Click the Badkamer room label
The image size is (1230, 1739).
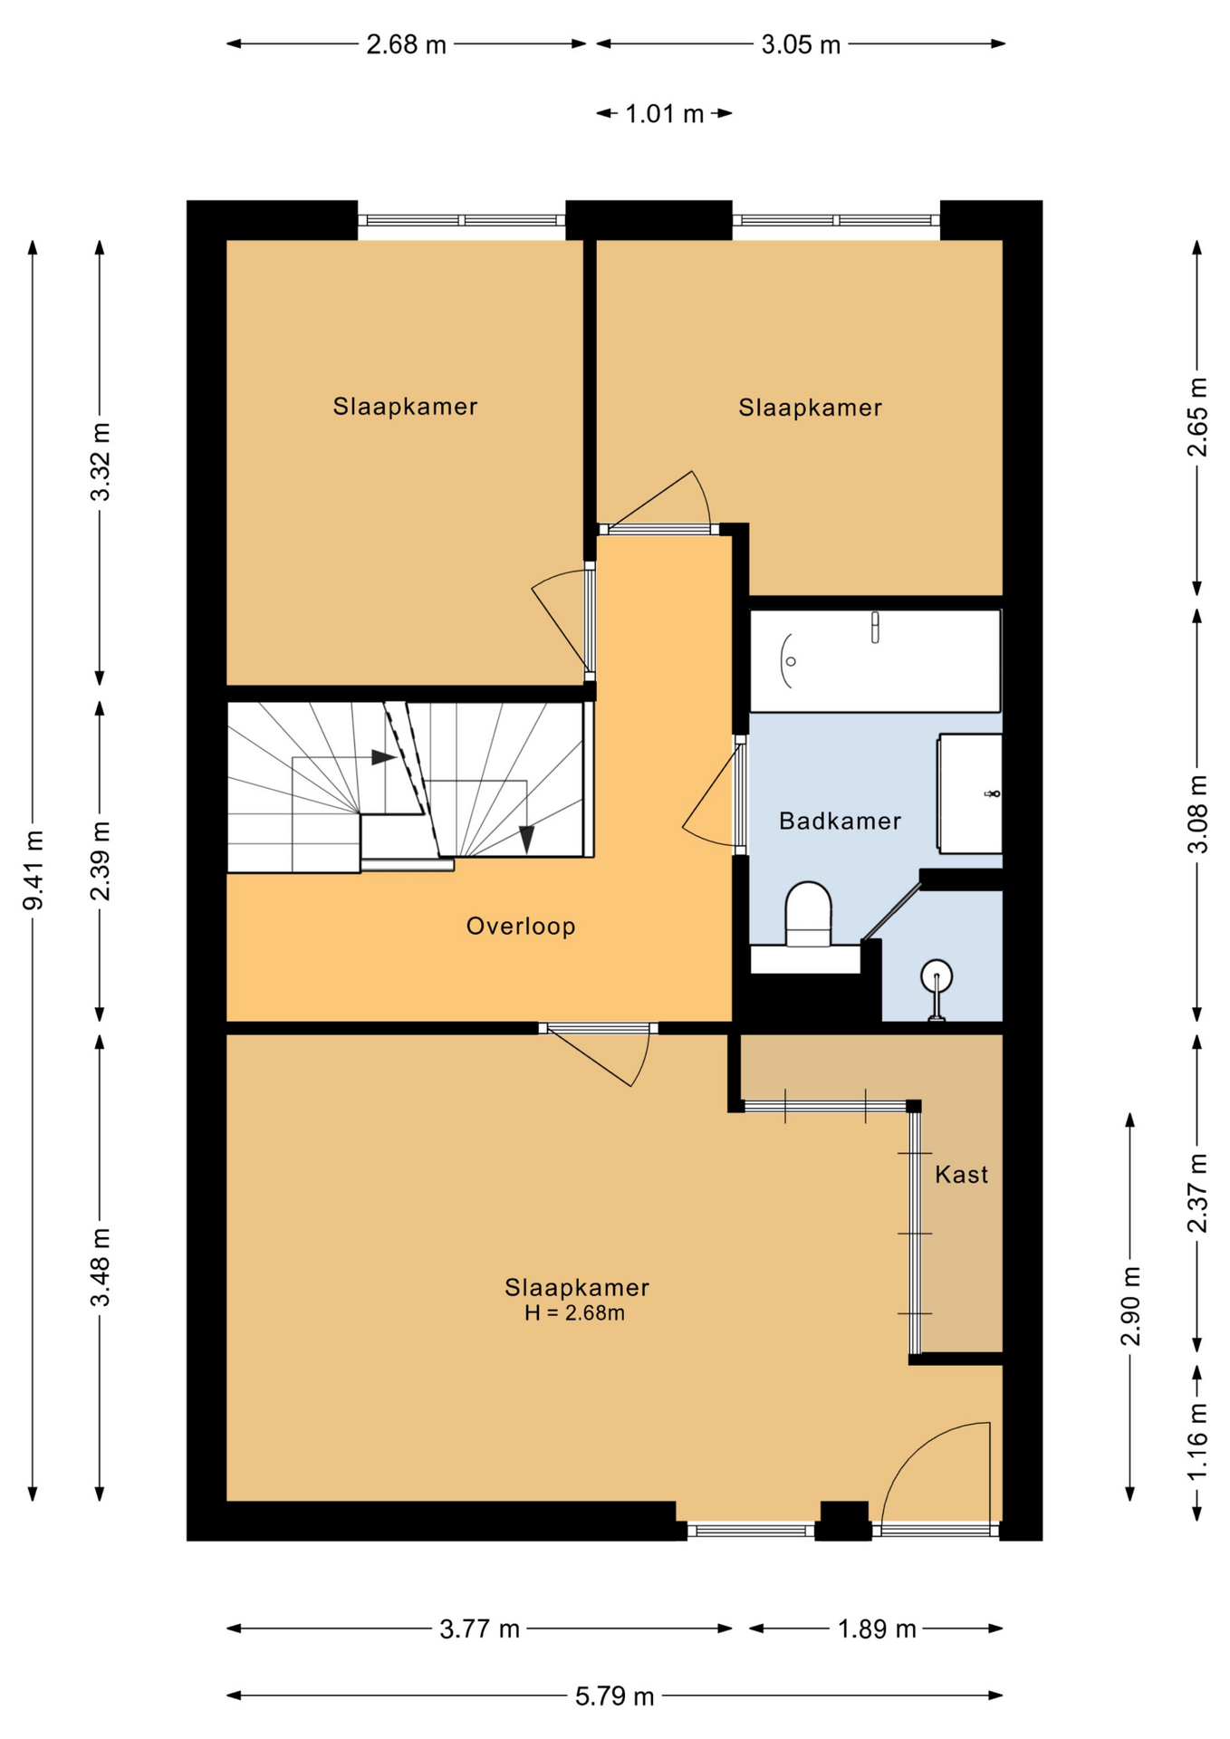click(840, 821)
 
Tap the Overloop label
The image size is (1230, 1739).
click(521, 926)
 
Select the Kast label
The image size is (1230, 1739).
click(961, 1175)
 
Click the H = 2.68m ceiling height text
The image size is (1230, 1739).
click(574, 1313)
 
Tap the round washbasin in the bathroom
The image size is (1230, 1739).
click(937, 979)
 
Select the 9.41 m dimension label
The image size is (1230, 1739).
click(34, 870)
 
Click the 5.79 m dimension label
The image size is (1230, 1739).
click(614, 1696)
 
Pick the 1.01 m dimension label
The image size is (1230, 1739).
click(664, 114)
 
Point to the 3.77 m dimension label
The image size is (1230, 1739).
click(479, 1629)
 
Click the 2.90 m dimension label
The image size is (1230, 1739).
click(1130, 1306)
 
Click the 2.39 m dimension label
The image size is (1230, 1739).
click(101, 861)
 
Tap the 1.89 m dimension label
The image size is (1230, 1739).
click(876, 1629)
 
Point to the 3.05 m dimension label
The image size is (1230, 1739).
click(801, 44)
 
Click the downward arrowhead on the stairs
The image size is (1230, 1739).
click(526, 840)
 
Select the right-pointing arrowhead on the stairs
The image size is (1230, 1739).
click(384, 756)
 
